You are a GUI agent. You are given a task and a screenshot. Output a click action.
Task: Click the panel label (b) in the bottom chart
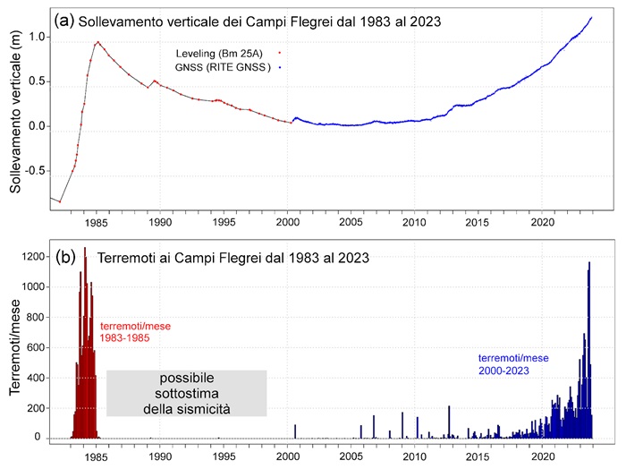[65, 257]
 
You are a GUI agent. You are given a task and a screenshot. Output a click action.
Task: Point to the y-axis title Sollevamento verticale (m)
[15, 113]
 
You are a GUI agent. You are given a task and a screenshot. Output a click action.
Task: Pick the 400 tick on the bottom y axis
[33, 378]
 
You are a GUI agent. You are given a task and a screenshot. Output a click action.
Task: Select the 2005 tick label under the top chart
[350, 221]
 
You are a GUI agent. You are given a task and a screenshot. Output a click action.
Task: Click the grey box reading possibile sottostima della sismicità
[187, 393]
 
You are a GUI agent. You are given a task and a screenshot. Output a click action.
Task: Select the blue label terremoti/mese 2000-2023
[512, 363]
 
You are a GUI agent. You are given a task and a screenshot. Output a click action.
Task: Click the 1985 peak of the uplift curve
[98, 41]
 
